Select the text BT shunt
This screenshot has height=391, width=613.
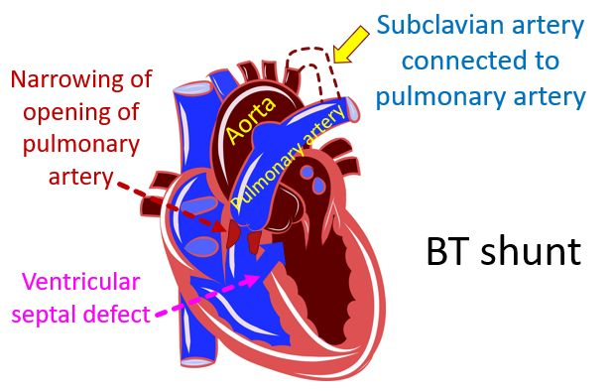pos(502,251)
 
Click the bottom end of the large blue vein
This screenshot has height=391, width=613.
pos(195,356)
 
